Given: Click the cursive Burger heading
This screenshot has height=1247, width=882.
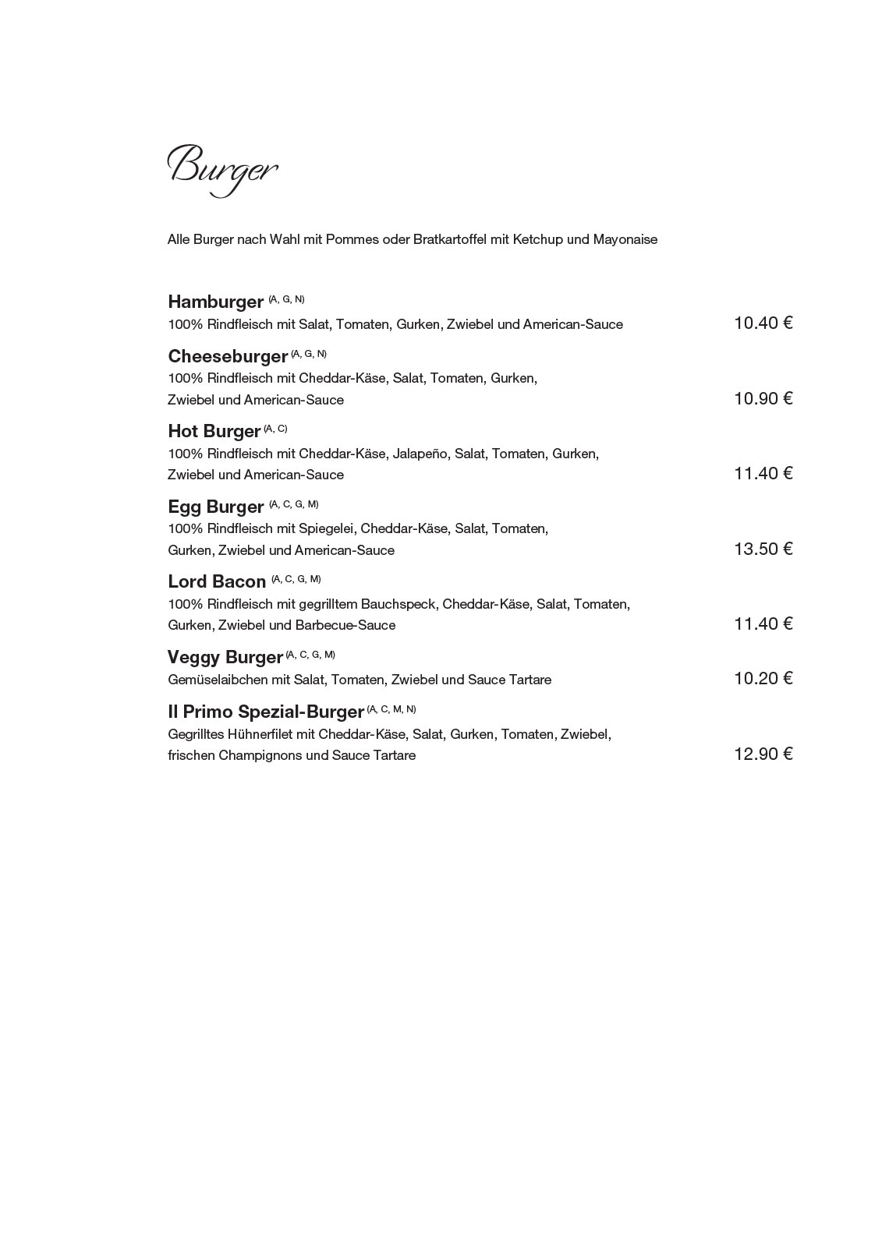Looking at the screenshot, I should click(222, 168).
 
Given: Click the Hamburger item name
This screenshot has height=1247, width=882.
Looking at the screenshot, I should click(215, 302).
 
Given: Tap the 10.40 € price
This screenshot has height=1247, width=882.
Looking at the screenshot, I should click(762, 323).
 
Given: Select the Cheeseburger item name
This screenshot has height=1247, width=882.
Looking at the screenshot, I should click(228, 356).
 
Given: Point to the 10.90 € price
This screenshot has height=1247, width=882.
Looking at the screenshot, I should click(762, 398).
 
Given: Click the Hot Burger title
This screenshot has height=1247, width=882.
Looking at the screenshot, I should click(214, 431).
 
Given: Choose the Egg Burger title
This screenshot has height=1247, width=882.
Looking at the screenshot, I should click(215, 507).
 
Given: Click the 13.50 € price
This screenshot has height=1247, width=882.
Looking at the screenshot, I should click(762, 549).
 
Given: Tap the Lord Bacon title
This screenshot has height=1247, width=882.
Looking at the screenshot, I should click(217, 581).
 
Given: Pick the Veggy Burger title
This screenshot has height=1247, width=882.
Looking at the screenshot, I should click(225, 657).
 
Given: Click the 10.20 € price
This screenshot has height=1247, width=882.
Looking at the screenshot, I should click(762, 678).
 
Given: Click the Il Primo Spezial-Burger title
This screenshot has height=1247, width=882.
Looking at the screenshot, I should click(265, 712).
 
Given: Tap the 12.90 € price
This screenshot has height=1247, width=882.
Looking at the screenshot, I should click(762, 754).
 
